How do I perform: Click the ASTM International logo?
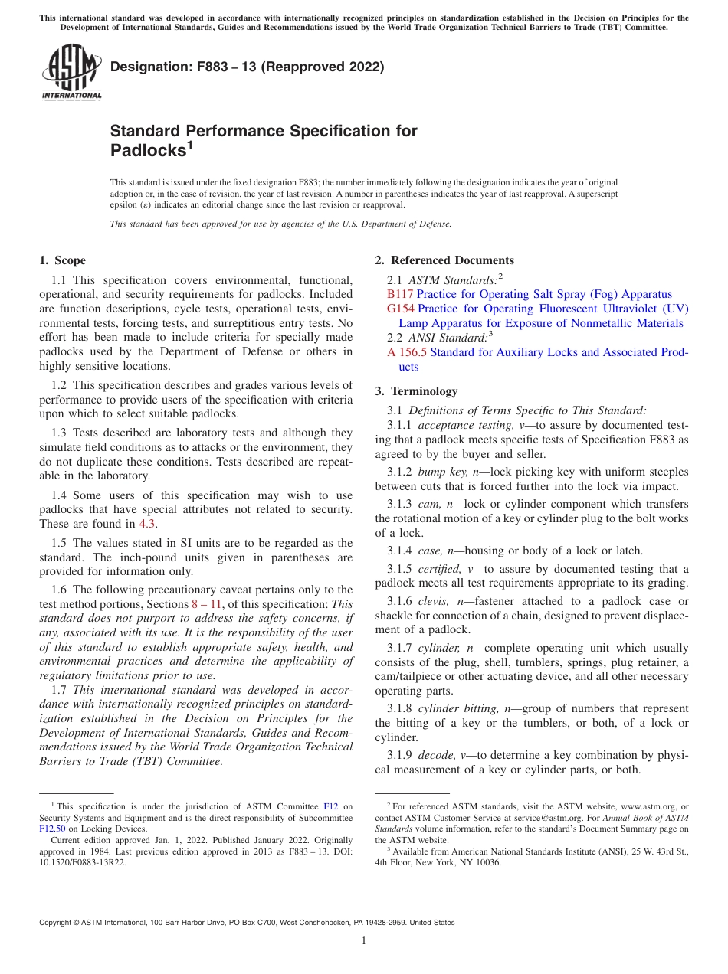pos(71,70)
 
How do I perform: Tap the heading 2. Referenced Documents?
pos(444,260)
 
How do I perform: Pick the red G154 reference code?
pos(401,309)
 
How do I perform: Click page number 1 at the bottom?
pos(364,941)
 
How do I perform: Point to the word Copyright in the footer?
pos(57,923)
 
